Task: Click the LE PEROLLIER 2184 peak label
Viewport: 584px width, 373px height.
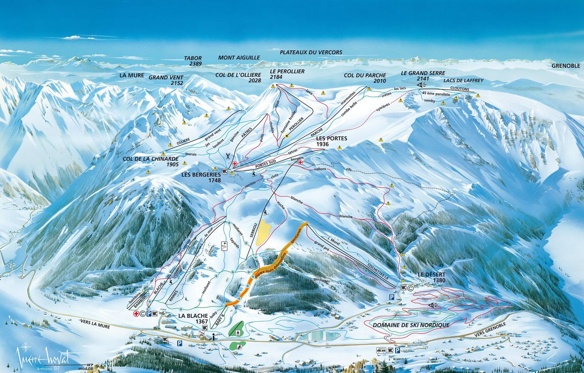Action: click(287, 74)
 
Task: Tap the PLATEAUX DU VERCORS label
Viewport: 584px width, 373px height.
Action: click(311, 53)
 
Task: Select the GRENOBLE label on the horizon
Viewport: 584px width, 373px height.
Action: click(566, 66)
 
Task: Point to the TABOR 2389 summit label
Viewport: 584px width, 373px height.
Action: click(193, 61)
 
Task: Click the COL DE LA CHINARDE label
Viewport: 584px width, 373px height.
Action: click(151, 161)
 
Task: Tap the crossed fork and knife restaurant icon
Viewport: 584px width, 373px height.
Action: click(228, 157)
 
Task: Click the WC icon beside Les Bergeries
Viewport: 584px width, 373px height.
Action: click(225, 171)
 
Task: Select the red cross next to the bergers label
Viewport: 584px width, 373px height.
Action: click(300, 163)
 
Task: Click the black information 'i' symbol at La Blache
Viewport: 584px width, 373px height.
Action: click(213, 337)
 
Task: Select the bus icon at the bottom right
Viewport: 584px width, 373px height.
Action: click(381, 350)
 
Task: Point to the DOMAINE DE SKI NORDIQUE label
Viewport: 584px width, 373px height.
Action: click(411, 325)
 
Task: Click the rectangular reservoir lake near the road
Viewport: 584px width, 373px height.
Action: click(319, 334)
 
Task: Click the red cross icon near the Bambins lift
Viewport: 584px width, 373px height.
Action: click(136, 313)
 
